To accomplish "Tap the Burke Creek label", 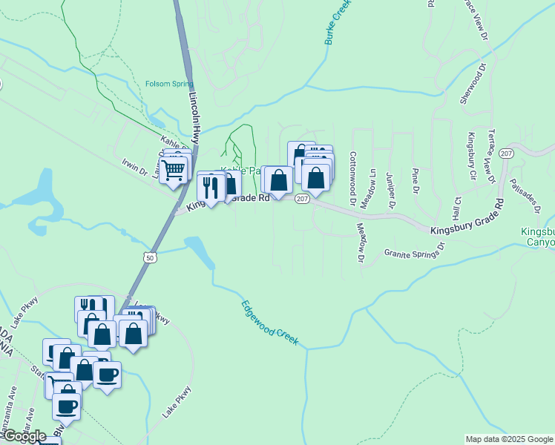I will click(x=337, y=22).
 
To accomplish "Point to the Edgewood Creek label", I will click(x=270, y=323).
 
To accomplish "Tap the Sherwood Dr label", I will click(x=472, y=83).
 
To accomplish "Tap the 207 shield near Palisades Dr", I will click(x=506, y=154).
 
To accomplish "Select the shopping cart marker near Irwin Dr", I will click(x=174, y=170).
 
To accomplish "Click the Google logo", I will click(x=24, y=435).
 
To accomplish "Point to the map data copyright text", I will click(x=508, y=439).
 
